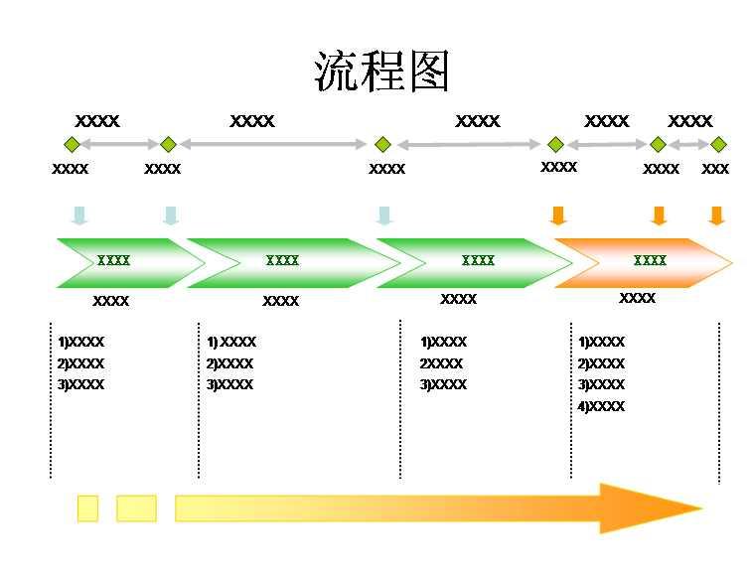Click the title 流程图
click(x=382, y=72)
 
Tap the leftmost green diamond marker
click(x=71, y=144)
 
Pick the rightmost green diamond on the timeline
click(x=718, y=144)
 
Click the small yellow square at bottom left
click(x=87, y=508)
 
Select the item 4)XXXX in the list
click(x=602, y=406)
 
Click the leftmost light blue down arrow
click(x=79, y=215)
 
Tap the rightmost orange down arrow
click(x=717, y=215)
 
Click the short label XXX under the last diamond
click(x=715, y=169)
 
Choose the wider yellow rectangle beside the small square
click(x=136, y=508)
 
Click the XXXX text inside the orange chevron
click(x=650, y=260)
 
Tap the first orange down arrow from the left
click(x=558, y=215)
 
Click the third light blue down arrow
click(x=384, y=215)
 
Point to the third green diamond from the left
click(x=382, y=144)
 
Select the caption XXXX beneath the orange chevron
click(x=637, y=298)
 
